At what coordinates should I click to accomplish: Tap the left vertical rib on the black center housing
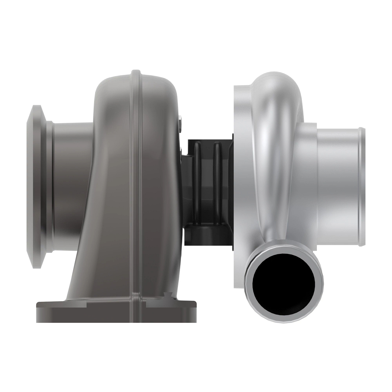[197, 176]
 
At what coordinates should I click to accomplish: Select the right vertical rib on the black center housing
[216, 176]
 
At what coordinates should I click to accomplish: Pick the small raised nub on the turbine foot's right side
[168, 295]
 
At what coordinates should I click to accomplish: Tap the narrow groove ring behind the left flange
[49, 186]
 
